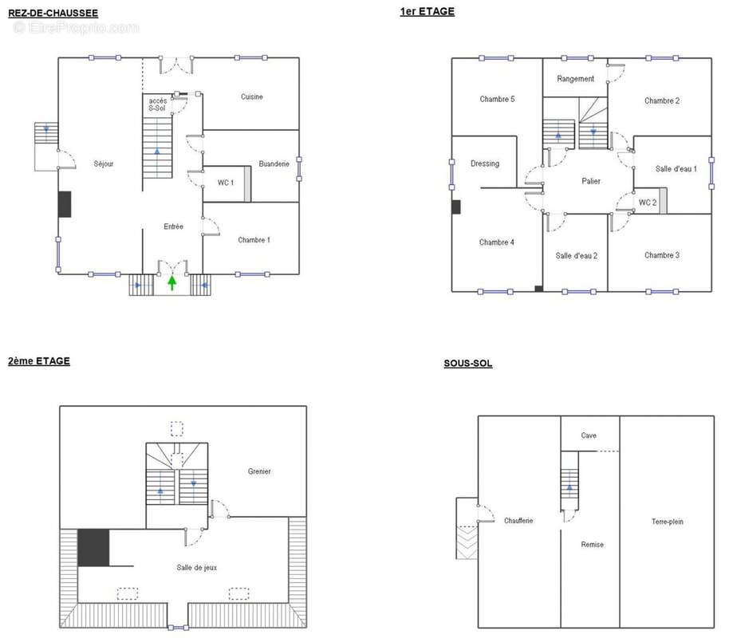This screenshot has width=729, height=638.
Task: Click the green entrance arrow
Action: click(172, 283)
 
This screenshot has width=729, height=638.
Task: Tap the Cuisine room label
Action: click(251, 96)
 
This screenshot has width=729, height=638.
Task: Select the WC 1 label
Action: click(226, 183)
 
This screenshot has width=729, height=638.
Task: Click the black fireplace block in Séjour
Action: click(65, 204)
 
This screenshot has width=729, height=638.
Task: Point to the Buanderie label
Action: click(274, 163)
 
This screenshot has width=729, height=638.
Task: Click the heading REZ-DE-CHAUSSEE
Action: click(53, 13)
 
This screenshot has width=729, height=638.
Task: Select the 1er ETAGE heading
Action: click(428, 12)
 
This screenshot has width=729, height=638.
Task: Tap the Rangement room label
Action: click(575, 79)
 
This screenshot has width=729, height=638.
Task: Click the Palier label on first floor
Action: click(591, 181)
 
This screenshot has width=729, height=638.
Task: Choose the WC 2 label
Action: click(647, 203)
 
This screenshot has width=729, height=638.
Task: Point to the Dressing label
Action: click(485, 163)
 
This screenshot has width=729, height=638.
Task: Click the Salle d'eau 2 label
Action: click(577, 256)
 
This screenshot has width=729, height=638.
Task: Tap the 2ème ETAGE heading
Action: click(39, 361)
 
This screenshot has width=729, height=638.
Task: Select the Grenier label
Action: click(259, 471)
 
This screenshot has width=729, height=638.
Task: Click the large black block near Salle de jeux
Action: click(93, 547)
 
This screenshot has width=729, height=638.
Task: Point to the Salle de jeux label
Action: click(197, 567)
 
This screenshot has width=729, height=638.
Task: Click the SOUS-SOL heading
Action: click(467, 364)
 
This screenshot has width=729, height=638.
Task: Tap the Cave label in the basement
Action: click(589, 435)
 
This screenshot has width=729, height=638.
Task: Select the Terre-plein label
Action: click(667, 522)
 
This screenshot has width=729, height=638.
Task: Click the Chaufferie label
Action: click(518, 520)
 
